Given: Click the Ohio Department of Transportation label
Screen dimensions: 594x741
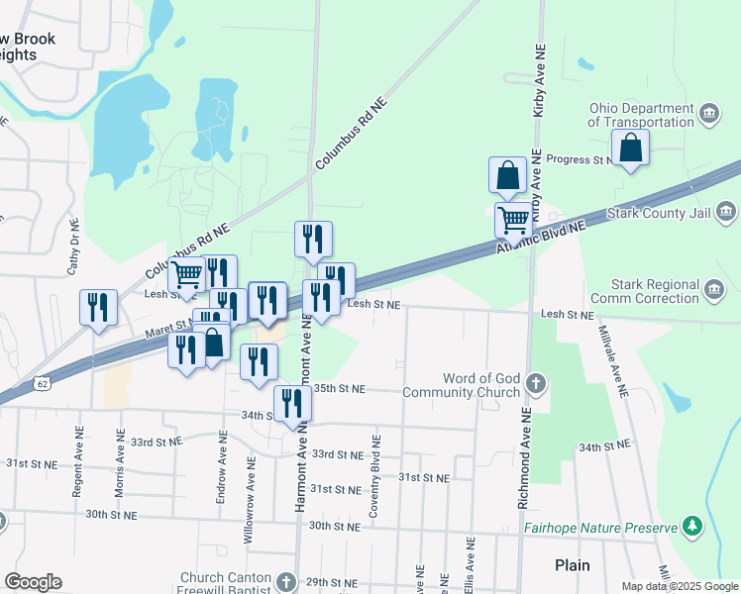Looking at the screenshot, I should click(x=640, y=115).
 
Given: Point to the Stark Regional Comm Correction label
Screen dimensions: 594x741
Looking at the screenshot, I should click(x=644, y=291).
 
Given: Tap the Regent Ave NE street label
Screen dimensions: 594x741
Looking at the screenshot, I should click(x=75, y=464).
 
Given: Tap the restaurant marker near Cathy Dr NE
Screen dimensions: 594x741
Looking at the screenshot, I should click(x=98, y=307).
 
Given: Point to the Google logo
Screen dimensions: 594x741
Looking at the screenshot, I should click(x=33, y=582).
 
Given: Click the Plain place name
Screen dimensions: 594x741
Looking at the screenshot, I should click(x=572, y=565).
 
